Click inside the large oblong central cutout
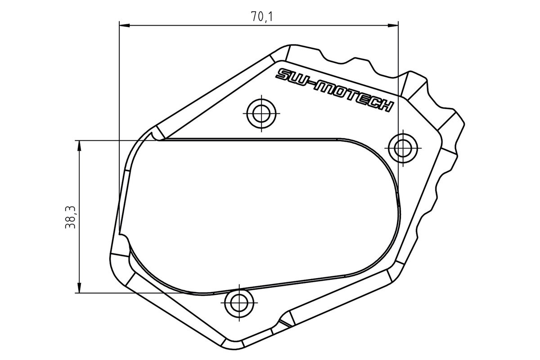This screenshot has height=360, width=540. point(261,211)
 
